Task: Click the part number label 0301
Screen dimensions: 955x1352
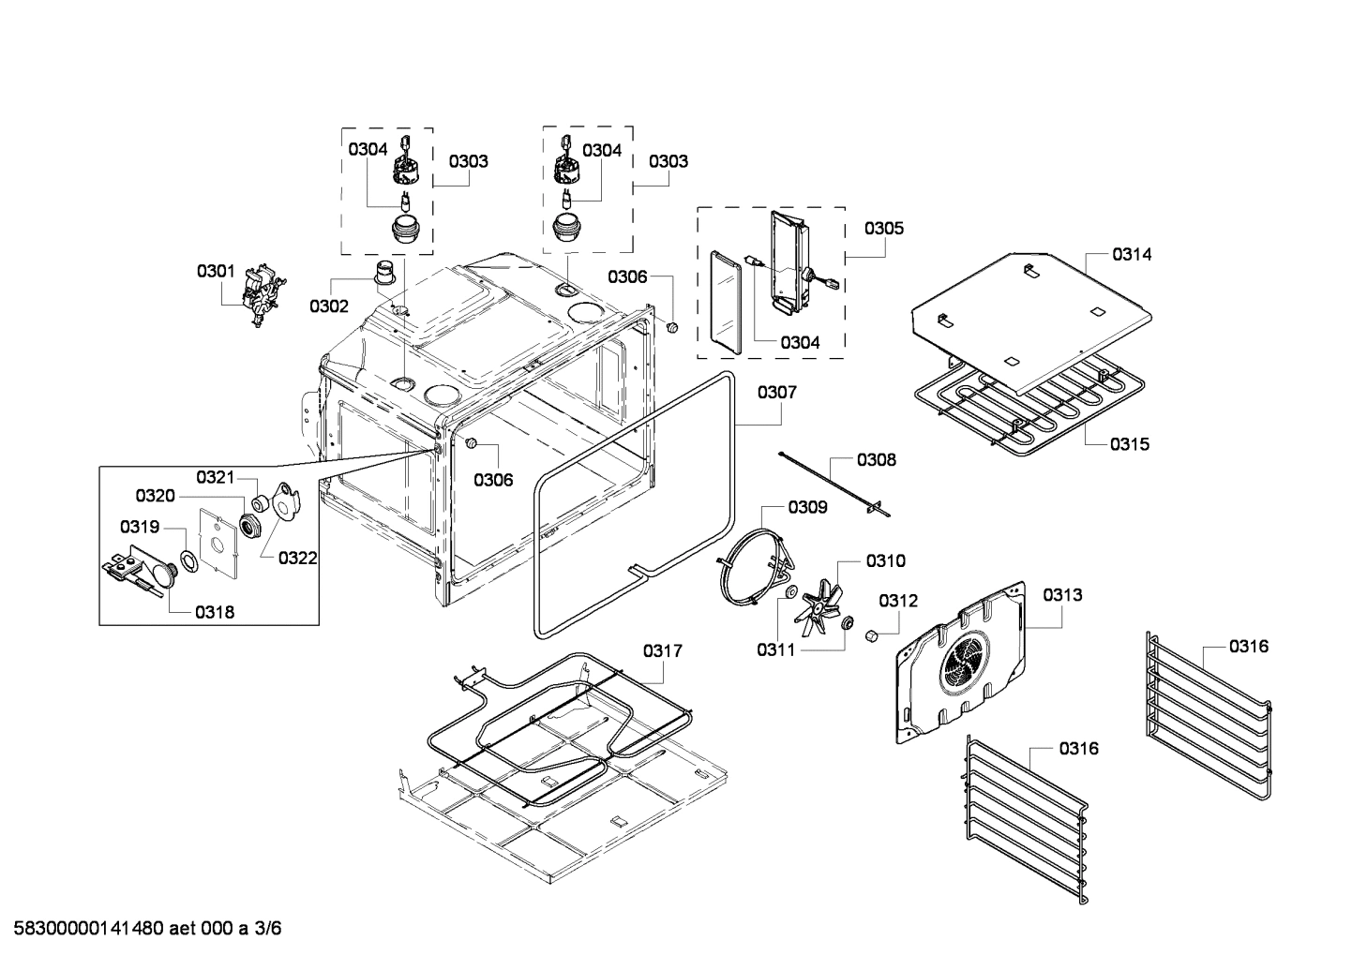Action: [216, 272]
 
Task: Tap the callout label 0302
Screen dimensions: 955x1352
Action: [329, 306]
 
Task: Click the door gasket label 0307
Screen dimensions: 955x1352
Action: [777, 392]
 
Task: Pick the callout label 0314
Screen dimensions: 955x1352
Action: [1133, 254]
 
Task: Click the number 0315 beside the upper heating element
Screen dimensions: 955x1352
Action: [1130, 444]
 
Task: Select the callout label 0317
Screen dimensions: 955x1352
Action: [663, 650]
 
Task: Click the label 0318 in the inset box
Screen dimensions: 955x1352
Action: [215, 613]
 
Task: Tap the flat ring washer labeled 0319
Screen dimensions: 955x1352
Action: [188, 560]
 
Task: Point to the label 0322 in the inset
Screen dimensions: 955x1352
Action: [297, 559]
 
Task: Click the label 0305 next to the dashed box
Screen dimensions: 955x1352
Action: [884, 228]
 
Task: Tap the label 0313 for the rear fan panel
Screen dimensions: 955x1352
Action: [1062, 594]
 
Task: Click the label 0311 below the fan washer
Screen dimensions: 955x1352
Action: [776, 649]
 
